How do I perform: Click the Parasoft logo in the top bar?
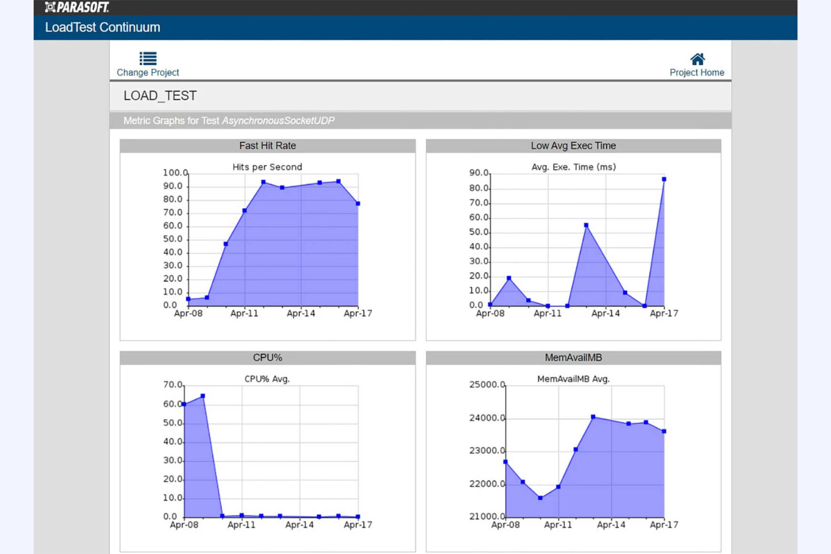[x=77, y=7]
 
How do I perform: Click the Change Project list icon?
[x=148, y=58]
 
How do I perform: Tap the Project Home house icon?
[x=697, y=59]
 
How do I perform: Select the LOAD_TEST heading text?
[x=160, y=96]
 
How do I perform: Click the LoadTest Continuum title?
[x=103, y=28]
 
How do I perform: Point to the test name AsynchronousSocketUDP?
[x=278, y=121]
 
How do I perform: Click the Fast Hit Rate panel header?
[x=267, y=146]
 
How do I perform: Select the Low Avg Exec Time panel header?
[x=573, y=146]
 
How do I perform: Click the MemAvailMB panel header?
[x=573, y=358]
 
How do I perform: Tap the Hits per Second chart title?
[x=267, y=167]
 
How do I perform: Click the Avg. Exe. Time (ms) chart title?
[x=573, y=167]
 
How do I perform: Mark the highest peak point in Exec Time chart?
[x=664, y=180]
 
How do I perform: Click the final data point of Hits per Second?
[x=358, y=204]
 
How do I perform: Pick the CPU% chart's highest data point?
[x=203, y=396]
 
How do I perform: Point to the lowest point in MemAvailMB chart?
[x=540, y=498]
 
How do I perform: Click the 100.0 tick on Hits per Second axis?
[x=175, y=173]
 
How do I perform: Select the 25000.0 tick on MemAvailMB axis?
[x=487, y=385]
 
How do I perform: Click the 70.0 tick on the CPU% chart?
[x=173, y=385]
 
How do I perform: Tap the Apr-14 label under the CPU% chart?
[x=299, y=525]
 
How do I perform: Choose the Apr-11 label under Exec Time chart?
[x=547, y=313]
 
